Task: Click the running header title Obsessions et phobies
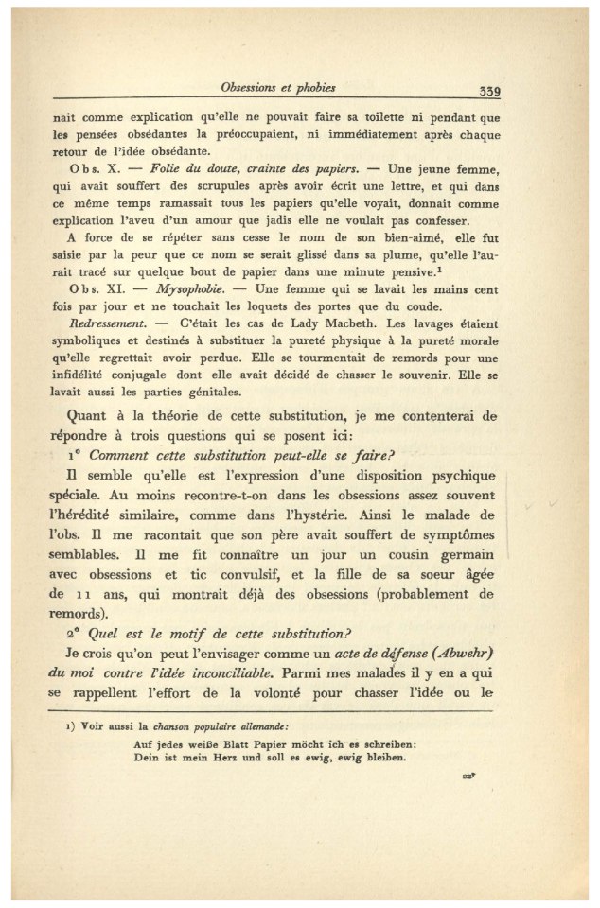click(277, 89)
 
